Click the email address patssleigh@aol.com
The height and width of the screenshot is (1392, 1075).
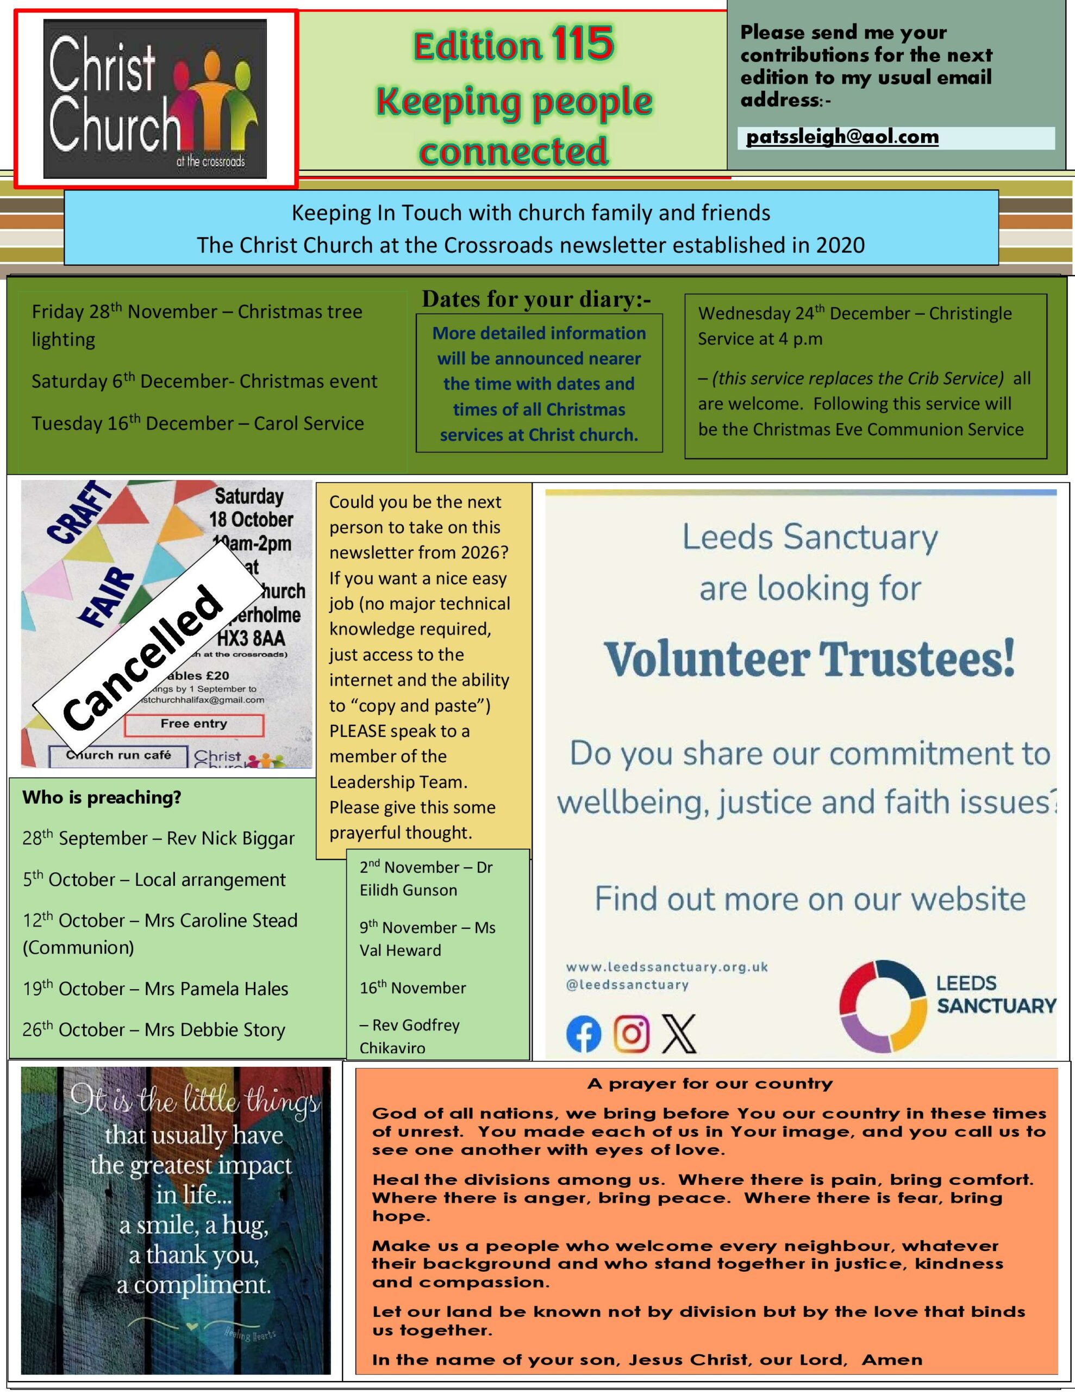842,137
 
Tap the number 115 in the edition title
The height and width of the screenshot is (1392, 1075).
583,44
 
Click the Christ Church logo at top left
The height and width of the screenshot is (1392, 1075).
155,99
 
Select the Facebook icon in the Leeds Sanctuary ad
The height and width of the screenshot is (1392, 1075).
583,1033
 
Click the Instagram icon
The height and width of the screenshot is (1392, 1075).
632,1033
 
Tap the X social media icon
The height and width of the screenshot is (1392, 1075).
679,1033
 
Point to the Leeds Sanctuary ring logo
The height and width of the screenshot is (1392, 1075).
882,1006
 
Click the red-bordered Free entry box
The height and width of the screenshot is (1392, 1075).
193,724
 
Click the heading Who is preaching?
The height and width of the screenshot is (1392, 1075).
102,797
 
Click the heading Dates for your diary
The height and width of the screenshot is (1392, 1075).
536,299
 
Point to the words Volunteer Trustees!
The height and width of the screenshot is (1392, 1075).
809,659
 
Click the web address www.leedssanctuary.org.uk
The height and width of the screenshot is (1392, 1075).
666,967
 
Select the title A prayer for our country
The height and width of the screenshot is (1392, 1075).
710,1084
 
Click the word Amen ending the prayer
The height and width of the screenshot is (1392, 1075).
891,1359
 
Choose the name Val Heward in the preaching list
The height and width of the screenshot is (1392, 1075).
400,950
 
